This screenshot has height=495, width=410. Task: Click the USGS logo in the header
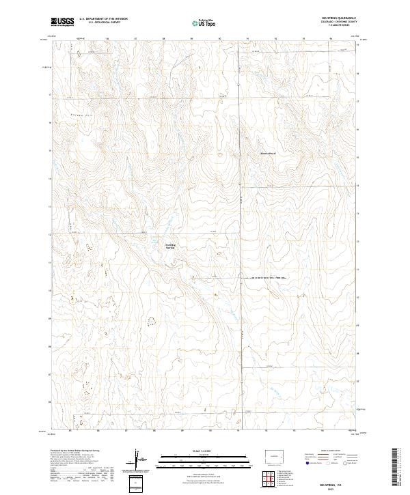pos(62,22)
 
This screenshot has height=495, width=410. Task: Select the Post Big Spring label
pos(170,246)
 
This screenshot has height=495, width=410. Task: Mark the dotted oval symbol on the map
pos(150,319)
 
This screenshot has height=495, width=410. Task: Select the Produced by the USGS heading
pos(73,451)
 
